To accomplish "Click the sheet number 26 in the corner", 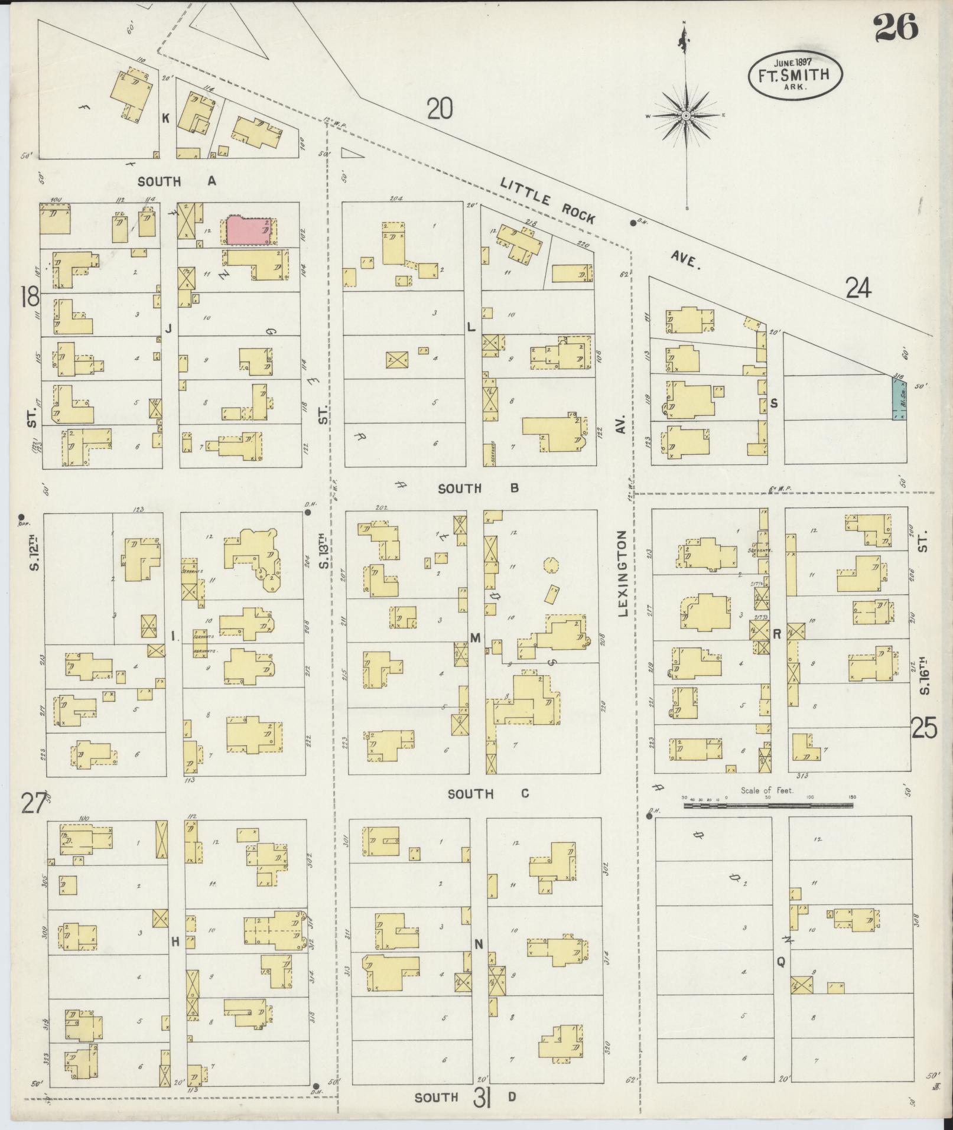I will [896, 28].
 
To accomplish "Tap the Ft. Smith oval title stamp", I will [795, 75].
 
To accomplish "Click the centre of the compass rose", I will [685, 116].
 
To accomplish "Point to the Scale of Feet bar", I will [768, 805].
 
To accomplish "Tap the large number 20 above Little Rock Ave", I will [440, 109].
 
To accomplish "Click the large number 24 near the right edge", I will [858, 288].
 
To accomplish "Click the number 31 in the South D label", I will [483, 1097].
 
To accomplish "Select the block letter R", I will [778, 634].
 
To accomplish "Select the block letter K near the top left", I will [166, 119].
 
